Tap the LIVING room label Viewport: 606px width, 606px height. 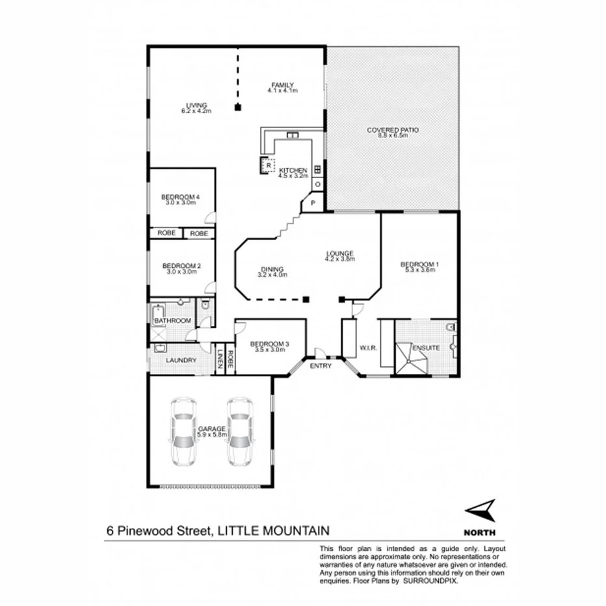tap(196, 105)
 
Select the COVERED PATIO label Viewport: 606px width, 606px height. tap(392, 130)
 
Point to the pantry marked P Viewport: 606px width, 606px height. tap(313, 204)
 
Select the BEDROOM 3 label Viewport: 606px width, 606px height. tap(269, 344)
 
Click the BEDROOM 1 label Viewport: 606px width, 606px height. tap(419, 265)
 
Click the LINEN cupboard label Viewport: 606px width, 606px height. tap(220, 360)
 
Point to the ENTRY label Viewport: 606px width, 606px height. tap(321, 366)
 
